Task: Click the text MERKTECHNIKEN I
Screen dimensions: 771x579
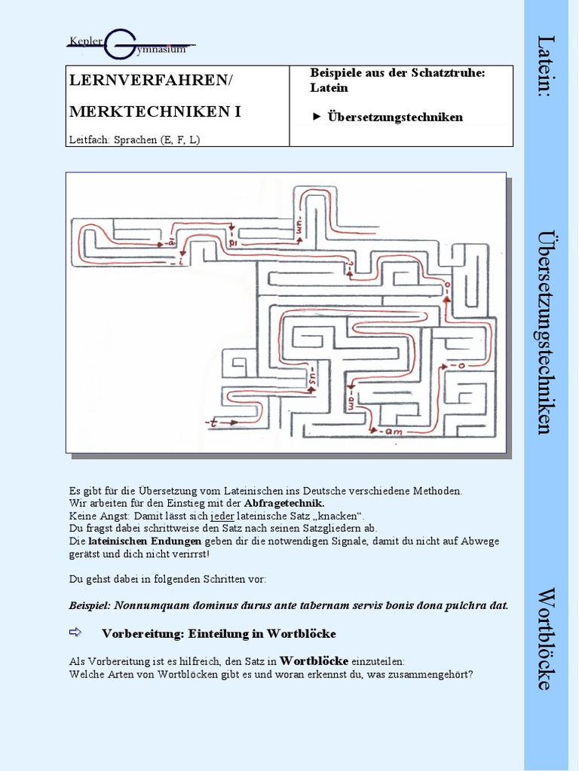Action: pos(155,111)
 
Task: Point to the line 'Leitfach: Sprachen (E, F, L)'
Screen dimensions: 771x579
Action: pos(134,139)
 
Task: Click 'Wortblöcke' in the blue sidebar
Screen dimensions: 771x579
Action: pos(547,638)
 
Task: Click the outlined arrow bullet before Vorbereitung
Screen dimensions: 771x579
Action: pos(77,632)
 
